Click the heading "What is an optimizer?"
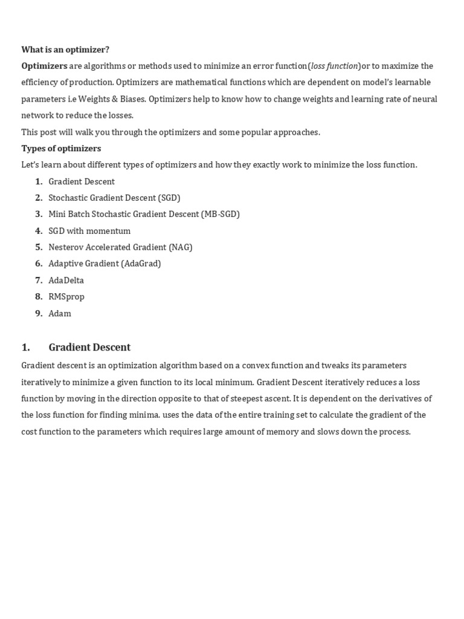(65, 50)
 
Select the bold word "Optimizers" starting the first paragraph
(44, 66)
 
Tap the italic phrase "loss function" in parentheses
(334, 66)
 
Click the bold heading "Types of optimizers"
(61, 149)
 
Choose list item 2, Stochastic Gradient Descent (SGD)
(114, 198)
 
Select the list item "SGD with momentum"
(89, 231)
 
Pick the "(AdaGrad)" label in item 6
(141, 264)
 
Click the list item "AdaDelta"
(66, 280)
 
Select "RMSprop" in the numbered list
(66, 297)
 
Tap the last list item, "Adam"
(60, 314)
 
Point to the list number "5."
(39, 247)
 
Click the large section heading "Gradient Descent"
(89, 347)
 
